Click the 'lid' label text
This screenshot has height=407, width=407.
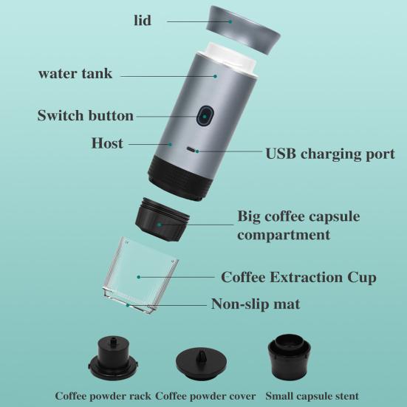click(x=142, y=21)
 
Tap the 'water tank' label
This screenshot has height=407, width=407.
click(x=75, y=75)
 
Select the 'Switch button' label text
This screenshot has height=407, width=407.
click(x=86, y=116)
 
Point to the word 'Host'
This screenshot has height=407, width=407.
click(x=107, y=143)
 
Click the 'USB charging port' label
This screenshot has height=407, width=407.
click(x=330, y=154)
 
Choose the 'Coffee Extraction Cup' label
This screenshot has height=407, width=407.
click(x=298, y=278)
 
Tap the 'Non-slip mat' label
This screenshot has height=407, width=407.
click(x=256, y=304)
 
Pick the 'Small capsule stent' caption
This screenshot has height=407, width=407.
click(x=312, y=396)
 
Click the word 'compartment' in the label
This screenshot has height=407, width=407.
click(x=284, y=235)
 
